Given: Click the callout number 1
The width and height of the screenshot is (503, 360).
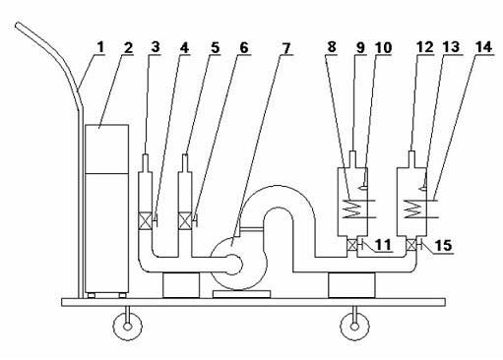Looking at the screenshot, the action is tap(100, 47).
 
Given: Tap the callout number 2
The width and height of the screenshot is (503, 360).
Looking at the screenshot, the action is tap(128, 47).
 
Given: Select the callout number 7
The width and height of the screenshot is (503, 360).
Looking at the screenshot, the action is tap(285, 48).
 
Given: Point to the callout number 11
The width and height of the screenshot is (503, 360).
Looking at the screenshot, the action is tap(383, 245).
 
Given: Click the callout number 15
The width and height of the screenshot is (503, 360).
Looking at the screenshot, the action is tap(443, 246).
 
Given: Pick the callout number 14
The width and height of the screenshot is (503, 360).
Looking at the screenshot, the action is tap(483, 47).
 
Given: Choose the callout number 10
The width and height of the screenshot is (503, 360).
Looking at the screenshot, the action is tap(383, 48).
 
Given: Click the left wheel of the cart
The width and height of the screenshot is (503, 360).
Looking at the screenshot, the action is tap(128, 327).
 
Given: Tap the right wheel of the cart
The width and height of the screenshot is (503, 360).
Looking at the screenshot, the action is tap(354, 327).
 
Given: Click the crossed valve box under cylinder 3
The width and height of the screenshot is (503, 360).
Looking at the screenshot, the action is tap(145, 220).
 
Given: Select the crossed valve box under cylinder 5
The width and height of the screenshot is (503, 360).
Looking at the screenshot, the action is tap(185, 220).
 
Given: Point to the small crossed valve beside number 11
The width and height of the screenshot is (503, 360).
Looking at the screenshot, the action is tap(352, 245).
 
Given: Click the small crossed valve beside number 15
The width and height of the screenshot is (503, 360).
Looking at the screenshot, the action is tap(411, 245).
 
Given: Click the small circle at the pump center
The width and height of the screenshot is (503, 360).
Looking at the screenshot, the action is tap(233, 265).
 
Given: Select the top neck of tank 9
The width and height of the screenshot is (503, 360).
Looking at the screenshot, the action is tap(352, 159).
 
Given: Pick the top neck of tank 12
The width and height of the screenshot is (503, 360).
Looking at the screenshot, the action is tap(411, 159).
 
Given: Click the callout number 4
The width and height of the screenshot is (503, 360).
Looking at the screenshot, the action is tap(185, 48).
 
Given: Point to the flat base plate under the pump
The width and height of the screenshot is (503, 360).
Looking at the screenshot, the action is tap(242, 294).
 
